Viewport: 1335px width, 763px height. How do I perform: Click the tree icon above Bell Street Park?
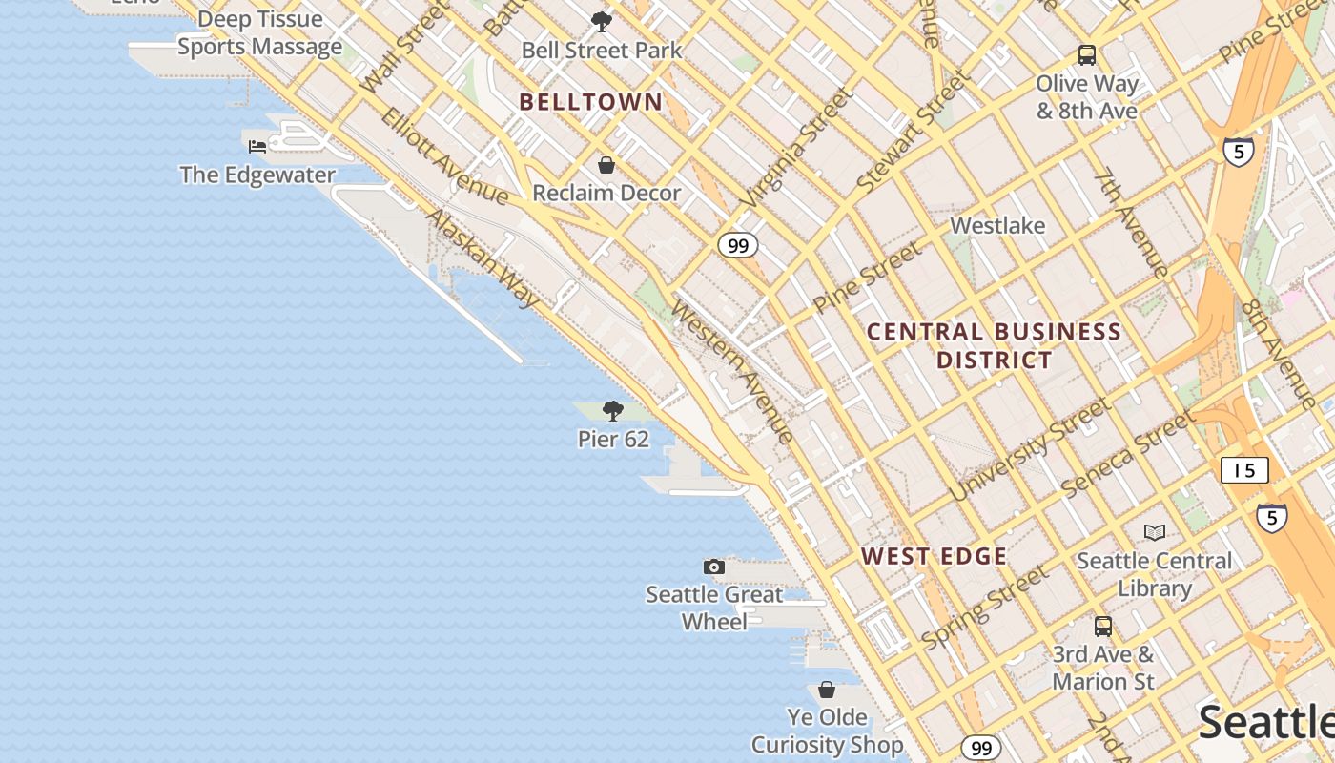tap(601, 21)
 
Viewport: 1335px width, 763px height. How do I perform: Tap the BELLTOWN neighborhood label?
tap(590, 102)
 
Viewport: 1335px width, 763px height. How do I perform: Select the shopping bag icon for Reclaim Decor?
tap(606, 165)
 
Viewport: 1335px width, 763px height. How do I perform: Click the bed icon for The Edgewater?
tap(257, 146)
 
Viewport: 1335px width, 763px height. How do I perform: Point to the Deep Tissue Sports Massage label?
tap(259, 33)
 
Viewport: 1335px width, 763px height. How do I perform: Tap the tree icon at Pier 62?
tap(613, 411)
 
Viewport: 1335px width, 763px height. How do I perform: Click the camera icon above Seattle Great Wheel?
tap(713, 567)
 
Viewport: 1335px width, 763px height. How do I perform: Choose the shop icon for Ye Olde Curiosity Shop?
tap(827, 689)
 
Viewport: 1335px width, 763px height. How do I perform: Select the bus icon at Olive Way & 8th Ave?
tap(1087, 54)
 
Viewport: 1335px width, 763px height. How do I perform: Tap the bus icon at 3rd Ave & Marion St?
tap(1102, 627)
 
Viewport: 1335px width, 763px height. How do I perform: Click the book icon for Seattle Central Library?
tap(1155, 532)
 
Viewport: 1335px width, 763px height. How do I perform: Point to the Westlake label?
tap(997, 226)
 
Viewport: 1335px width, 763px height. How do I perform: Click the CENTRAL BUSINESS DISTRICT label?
tap(994, 345)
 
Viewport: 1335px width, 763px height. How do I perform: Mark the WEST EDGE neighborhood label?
tap(934, 556)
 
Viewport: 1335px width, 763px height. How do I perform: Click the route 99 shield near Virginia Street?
tap(737, 245)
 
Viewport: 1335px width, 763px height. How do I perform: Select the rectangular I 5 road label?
tap(1244, 469)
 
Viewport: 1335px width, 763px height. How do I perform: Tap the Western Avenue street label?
tap(732, 372)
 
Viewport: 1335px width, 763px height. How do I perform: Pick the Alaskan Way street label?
tap(483, 258)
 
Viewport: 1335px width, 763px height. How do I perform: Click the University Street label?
tap(1030, 449)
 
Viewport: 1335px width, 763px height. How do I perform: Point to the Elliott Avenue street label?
tap(444, 155)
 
